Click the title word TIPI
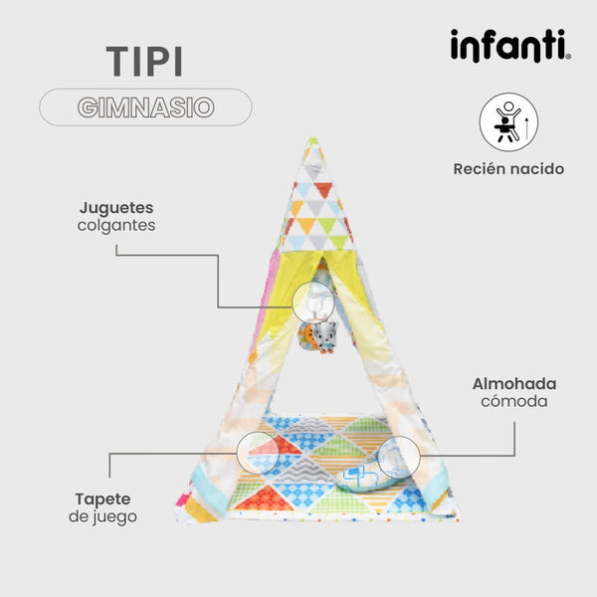[x=144, y=62]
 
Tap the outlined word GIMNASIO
[x=146, y=107]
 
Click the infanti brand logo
[x=510, y=46]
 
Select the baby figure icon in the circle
[x=506, y=121]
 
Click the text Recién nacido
[x=508, y=169]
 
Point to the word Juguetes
[x=116, y=208]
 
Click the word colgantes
[x=116, y=226]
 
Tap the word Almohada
[x=514, y=384]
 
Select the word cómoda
[x=514, y=401]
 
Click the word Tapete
[x=102, y=499]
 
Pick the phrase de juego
[x=102, y=517]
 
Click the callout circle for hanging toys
[x=313, y=303]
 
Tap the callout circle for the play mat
[x=258, y=453]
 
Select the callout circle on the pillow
[x=399, y=458]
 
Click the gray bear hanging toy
[x=324, y=337]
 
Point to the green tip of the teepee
[x=313, y=141]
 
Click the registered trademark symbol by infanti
[x=568, y=57]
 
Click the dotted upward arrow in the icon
[x=527, y=128]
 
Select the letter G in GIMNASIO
[x=88, y=107]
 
